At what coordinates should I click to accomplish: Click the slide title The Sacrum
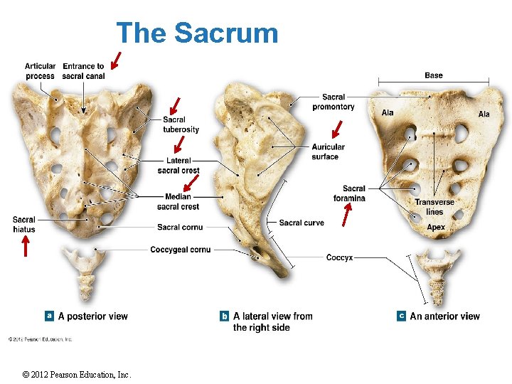coord(197,33)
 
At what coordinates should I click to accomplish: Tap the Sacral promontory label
coord(333,102)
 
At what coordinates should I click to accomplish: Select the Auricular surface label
coord(329,151)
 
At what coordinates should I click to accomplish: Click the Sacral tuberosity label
coord(181,124)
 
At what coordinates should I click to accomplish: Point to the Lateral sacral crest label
coord(178,166)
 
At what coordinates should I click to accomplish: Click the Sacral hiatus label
coord(23,224)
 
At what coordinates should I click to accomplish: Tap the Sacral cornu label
coord(179,227)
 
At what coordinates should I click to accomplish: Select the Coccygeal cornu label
coord(180,250)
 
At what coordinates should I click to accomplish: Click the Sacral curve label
coord(302,223)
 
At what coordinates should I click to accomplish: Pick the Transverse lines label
coord(434,207)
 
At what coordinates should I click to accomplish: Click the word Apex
coord(436,227)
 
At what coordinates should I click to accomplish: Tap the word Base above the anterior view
coord(433,75)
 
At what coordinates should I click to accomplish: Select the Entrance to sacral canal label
coord(83,71)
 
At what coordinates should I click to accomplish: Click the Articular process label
coord(40,71)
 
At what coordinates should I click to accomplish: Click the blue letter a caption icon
coord(50,315)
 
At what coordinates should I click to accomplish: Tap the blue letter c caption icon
coord(402,316)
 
